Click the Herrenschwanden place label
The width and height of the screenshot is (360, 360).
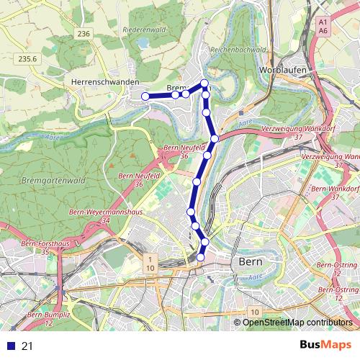(x=105, y=82)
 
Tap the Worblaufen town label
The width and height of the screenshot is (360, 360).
(x=282, y=70)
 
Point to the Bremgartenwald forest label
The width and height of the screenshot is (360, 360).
(x=54, y=179)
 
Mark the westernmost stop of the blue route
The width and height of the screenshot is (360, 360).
(x=145, y=96)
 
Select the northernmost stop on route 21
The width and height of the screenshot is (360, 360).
(x=204, y=84)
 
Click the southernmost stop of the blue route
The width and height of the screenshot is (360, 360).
(x=201, y=257)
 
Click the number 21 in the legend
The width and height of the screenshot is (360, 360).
(x=28, y=346)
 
